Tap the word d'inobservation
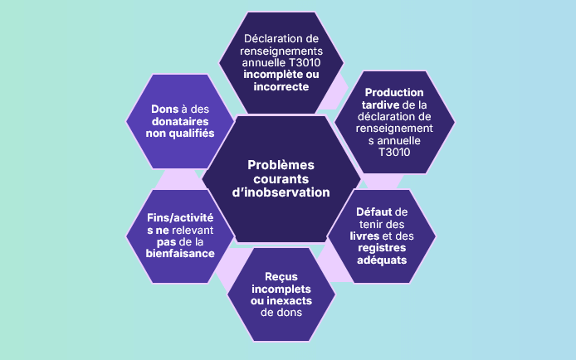pyautogui.click(x=277, y=192)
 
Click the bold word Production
pyautogui.click(x=393, y=92)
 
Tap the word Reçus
pyautogui.click(x=281, y=276)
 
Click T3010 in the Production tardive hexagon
pyautogui.click(x=393, y=153)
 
